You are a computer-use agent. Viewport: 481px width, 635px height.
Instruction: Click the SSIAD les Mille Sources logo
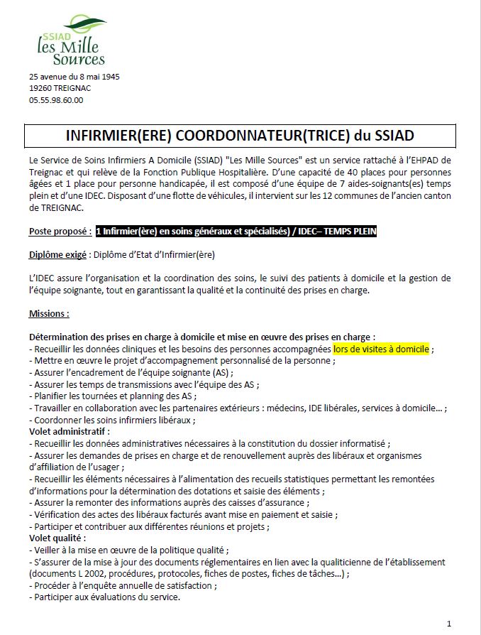click(71, 41)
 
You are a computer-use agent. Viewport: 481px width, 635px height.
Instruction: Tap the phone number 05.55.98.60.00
click(56, 100)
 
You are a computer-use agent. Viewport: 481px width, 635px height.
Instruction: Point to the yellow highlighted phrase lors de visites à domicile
click(381, 349)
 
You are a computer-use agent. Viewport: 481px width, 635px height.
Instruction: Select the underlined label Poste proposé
click(60, 232)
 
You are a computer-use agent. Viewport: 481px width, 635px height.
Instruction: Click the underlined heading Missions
click(49, 313)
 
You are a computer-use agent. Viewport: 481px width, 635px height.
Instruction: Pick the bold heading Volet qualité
click(57, 538)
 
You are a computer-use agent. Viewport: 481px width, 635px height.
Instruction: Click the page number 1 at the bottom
click(449, 623)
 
